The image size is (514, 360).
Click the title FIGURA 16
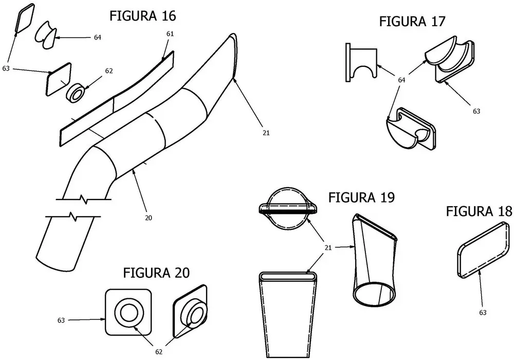pos(142,16)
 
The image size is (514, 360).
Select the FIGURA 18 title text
pos(479,211)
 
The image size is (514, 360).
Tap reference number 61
pos(170,33)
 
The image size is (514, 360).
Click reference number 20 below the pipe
pos(148,218)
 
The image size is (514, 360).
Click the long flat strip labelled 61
pos(116,98)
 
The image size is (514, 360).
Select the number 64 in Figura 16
pos(97,38)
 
